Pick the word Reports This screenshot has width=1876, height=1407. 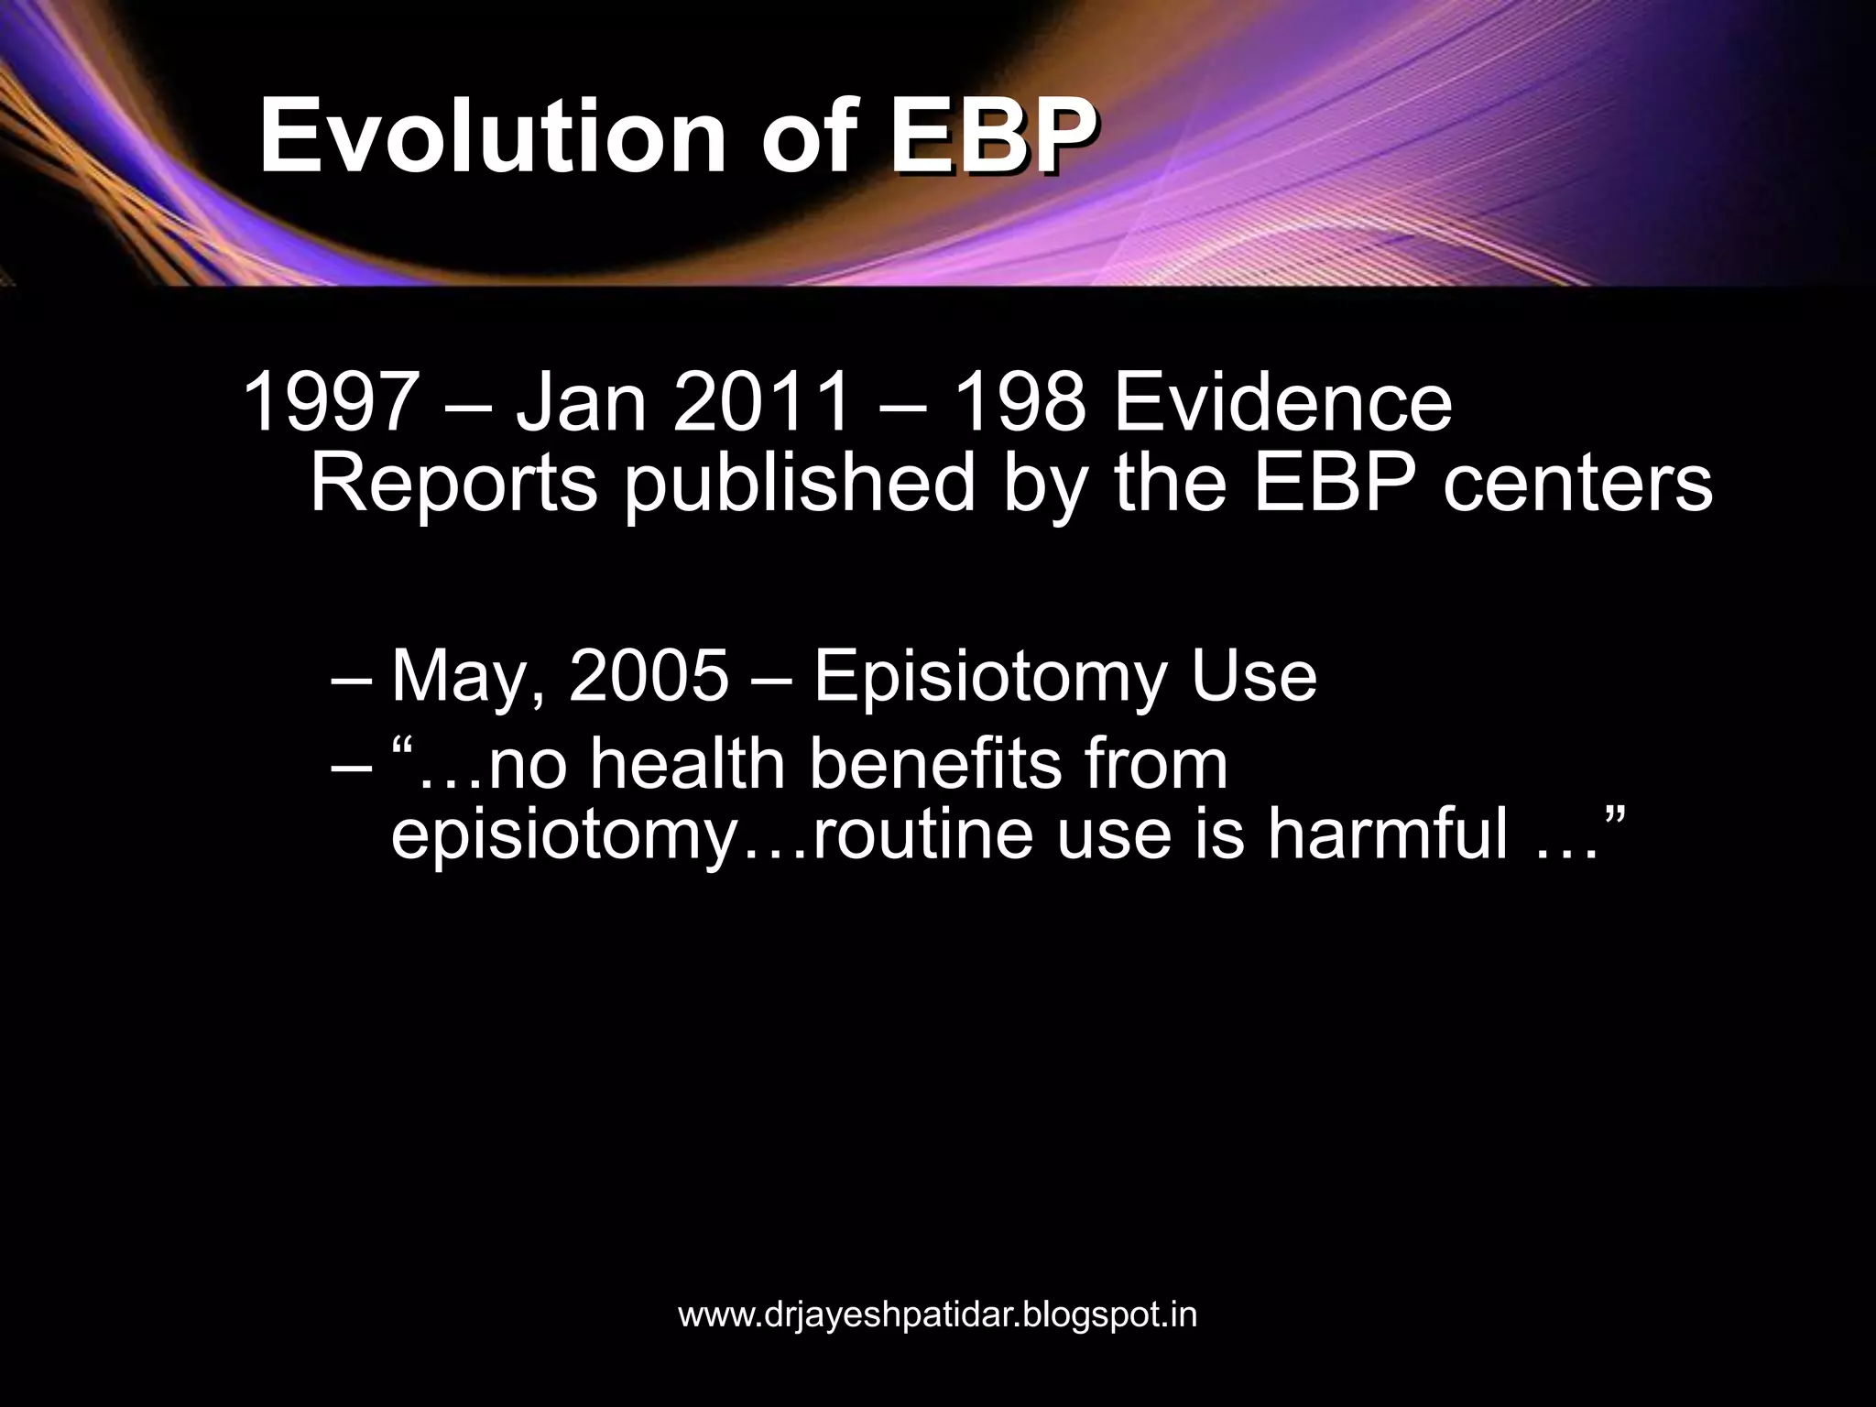[454, 484]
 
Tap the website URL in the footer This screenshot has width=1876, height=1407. [937, 1315]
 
